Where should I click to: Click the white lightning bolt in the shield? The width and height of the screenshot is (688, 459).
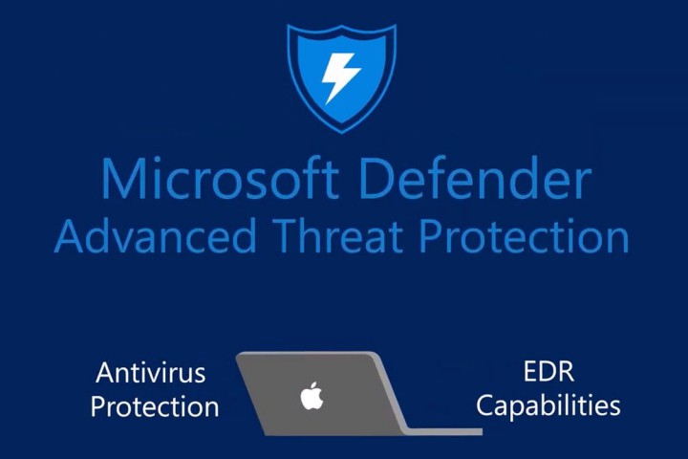tap(340, 75)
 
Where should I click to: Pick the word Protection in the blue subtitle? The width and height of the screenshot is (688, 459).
tap(529, 236)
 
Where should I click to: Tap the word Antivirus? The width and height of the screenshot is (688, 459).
tap(151, 372)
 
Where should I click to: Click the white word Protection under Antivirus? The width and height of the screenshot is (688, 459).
tap(155, 405)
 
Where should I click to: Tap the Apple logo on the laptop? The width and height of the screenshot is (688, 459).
tap(312, 394)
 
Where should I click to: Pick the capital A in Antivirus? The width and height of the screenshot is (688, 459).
tap(103, 372)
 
